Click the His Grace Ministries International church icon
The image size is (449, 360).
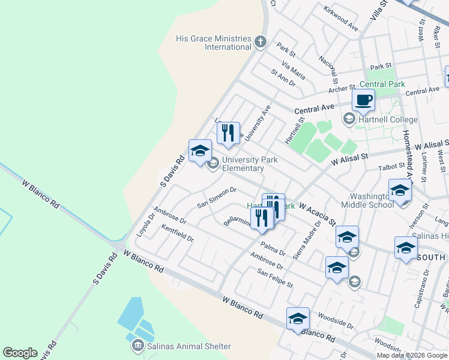coord(260,42)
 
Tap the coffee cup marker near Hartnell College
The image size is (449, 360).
coord(363,100)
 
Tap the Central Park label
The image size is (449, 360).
coord(382,85)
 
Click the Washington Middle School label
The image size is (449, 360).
coord(367,200)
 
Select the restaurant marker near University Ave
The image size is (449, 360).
coord(228,133)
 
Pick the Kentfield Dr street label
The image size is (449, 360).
coord(178,233)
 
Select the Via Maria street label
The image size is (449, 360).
coord(293,70)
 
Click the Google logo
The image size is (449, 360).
coord(20,353)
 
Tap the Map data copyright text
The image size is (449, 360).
coord(412,355)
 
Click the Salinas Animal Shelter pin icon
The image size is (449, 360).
coord(137,346)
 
